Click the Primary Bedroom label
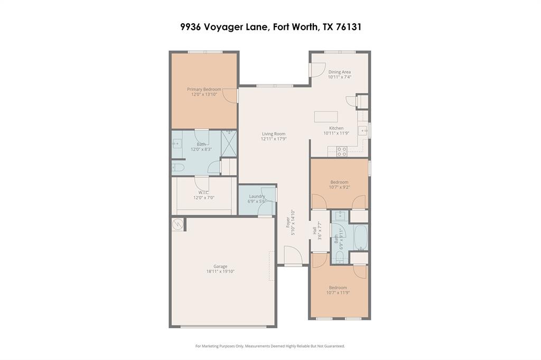pos(204,89)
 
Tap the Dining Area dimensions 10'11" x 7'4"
pos(339,77)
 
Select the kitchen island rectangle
pos(325,117)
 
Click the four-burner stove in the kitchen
pos(342,151)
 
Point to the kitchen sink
pos(363,130)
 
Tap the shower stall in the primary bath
pos(229,144)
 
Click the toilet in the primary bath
pos(178,168)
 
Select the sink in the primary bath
pos(176,143)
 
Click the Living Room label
pos(273,134)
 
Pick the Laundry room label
pos(257,196)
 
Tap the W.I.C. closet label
pos(203,192)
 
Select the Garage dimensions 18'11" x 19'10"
pos(220,271)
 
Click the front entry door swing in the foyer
pos(293,257)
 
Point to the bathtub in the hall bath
pos(361,238)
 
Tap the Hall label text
pos(314,231)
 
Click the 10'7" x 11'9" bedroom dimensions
pos(338,292)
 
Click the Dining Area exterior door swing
pos(317,70)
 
